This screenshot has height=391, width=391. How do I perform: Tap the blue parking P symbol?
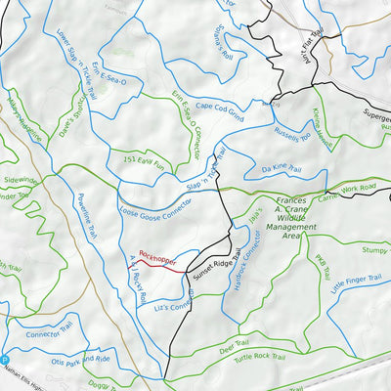5,361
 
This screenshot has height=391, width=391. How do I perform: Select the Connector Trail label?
50,331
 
